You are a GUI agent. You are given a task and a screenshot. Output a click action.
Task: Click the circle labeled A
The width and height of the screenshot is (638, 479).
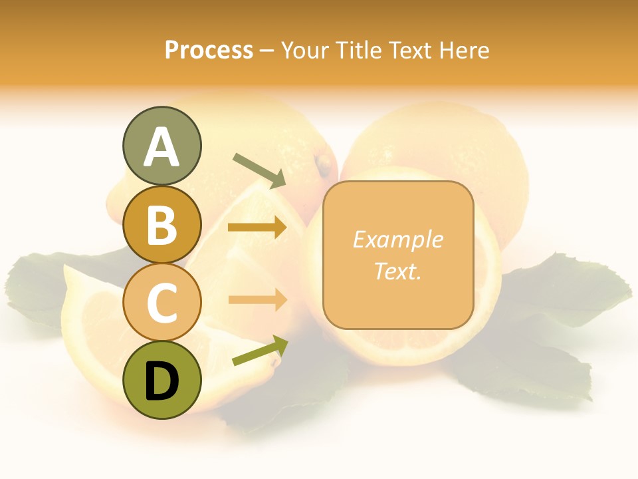(x=161, y=146)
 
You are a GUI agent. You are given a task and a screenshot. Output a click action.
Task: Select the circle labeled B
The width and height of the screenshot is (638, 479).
(x=161, y=224)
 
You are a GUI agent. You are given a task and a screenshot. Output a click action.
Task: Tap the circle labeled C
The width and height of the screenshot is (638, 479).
(x=161, y=302)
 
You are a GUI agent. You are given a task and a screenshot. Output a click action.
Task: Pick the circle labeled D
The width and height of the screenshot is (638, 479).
(x=161, y=380)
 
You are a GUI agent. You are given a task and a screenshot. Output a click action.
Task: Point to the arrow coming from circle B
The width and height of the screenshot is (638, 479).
(x=257, y=228)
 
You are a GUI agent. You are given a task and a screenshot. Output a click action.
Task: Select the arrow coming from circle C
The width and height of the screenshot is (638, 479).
(x=257, y=300)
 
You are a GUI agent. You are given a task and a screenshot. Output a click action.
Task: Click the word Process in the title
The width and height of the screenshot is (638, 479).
(x=209, y=50)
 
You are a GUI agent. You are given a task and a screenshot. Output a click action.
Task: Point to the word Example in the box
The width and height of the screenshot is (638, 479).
(x=397, y=239)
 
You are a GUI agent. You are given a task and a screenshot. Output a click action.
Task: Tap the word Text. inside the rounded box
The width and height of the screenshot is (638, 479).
(x=397, y=271)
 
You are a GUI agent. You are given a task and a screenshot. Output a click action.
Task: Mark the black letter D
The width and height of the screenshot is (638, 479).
(x=161, y=381)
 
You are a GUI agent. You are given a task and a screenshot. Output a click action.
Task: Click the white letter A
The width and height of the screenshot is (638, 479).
(x=161, y=146)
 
